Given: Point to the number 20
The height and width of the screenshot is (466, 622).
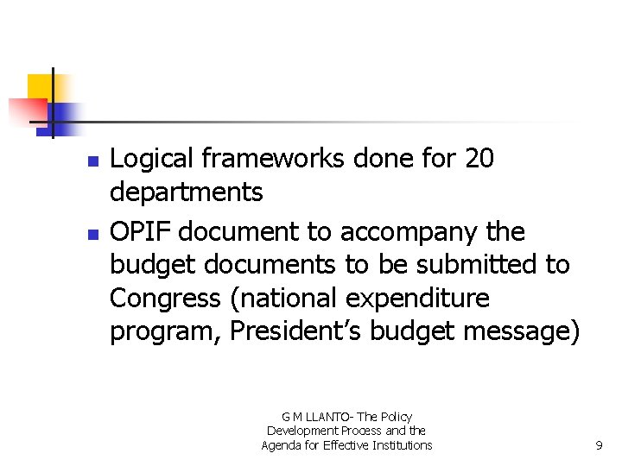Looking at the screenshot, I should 479,160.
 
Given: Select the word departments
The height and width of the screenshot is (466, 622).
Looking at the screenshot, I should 186,192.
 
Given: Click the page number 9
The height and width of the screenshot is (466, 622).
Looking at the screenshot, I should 599,445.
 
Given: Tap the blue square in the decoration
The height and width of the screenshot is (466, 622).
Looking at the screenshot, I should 62,116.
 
